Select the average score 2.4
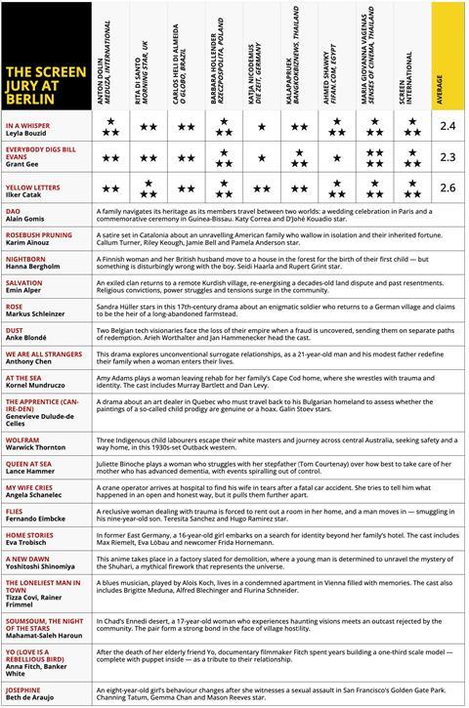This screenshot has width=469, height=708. click(x=448, y=126)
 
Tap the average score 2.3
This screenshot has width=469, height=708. click(x=448, y=156)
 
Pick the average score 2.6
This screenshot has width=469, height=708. click(x=448, y=187)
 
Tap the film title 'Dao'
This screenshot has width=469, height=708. click(x=14, y=209)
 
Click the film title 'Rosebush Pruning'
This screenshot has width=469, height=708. click(x=39, y=234)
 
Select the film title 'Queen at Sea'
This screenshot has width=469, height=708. click(x=31, y=466)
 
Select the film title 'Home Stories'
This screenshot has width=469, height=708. click(x=30, y=534)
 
